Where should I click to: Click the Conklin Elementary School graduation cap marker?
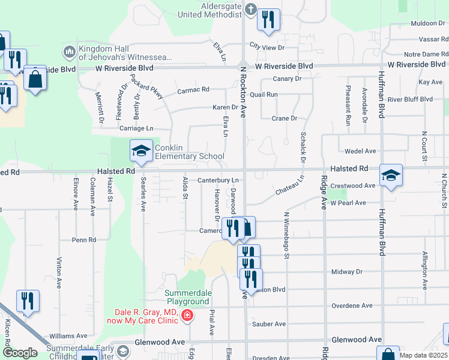tap(141, 150)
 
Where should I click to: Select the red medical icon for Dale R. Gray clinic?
tap(187, 315)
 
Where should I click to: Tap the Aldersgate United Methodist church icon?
tap(250, 10)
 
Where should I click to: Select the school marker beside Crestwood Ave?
tap(391, 175)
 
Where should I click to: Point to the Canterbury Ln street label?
tap(218, 180)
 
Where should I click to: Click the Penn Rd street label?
tap(84, 240)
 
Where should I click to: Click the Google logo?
tap(20, 353)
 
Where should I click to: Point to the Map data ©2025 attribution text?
tap(423, 355)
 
